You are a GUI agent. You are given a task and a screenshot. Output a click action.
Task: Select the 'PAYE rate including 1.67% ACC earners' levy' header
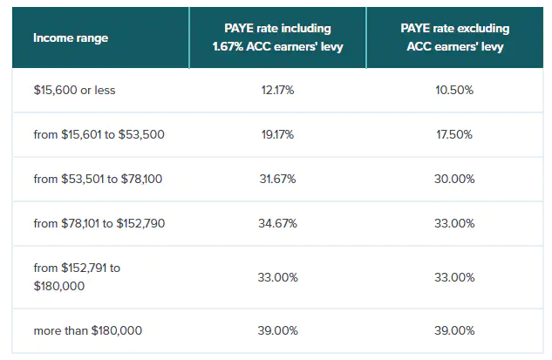[277, 37]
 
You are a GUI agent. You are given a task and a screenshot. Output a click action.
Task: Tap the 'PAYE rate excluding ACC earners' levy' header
[456, 37]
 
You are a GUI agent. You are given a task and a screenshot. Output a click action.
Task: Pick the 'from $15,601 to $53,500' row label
[99, 134]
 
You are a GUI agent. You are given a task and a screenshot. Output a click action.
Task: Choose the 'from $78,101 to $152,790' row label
[99, 223]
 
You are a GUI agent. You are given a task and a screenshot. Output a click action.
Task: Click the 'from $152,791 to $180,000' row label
[78, 276]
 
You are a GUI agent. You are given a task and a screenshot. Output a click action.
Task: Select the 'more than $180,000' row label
[87, 330]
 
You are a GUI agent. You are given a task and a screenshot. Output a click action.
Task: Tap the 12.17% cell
[277, 90]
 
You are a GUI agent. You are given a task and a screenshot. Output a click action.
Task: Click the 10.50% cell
[456, 90]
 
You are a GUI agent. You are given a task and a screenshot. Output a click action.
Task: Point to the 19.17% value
[277, 134]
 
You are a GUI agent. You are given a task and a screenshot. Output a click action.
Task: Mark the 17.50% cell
[456, 134]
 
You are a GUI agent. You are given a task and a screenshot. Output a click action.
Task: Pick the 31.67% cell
[277, 179]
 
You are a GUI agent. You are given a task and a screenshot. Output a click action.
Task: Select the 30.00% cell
[456, 179]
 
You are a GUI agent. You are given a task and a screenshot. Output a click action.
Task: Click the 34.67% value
[277, 223]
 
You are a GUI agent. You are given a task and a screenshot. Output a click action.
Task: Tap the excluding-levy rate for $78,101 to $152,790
[456, 223]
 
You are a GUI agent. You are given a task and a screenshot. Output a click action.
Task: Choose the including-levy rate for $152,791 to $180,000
[277, 277]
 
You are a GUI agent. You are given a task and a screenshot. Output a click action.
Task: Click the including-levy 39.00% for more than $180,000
[277, 330]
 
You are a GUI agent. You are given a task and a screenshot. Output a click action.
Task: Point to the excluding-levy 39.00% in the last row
[456, 330]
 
